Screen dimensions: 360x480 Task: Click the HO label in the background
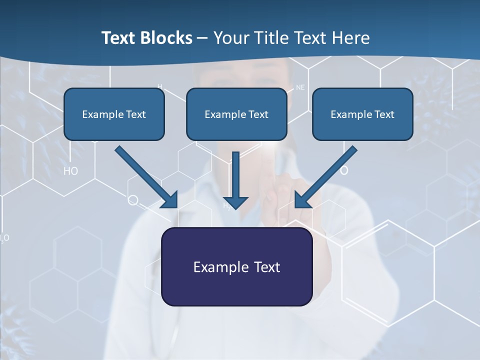[70, 171]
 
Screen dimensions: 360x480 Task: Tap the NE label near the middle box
[300, 87]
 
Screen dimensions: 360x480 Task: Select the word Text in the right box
[384, 114]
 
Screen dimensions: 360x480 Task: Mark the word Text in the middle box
[258, 114]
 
